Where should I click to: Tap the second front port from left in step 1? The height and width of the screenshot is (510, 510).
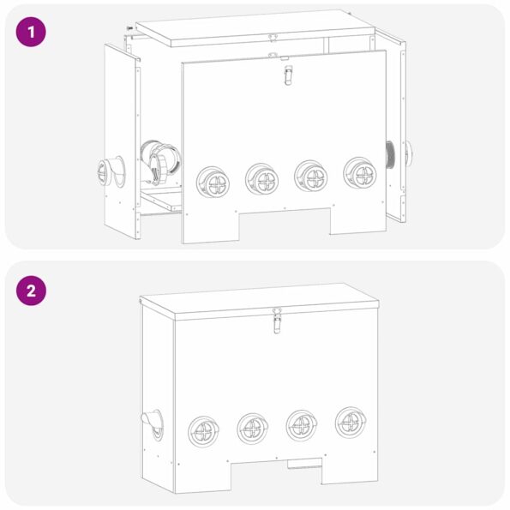coord(261,179)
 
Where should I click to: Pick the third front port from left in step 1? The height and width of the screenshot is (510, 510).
coord(310,176)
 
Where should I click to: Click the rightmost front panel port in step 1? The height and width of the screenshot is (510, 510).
coord(359,172)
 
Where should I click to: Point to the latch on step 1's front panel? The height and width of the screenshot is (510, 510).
coord(287,75)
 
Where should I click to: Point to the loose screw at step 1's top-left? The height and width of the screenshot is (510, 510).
coord(129,30)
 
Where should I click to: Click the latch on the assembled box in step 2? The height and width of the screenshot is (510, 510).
coord(276,321)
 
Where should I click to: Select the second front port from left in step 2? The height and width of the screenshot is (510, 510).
coord(254,427)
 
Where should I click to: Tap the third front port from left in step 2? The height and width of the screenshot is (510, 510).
coord(302,424)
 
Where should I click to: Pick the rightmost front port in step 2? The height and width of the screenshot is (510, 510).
coord(351,421)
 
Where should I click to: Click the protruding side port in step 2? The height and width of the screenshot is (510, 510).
coord(151,423)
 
